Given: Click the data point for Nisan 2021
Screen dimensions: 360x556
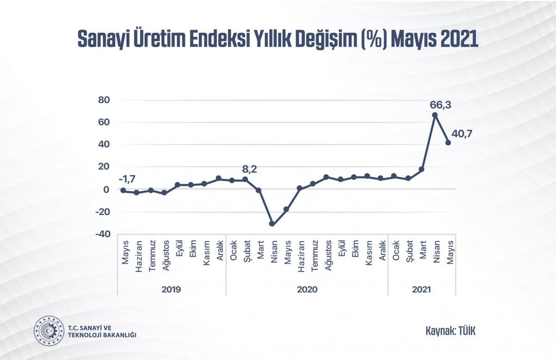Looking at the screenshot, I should pyautogui.click(x=435, y=115).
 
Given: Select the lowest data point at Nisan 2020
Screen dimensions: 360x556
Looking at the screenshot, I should pyautogui.click(x=272, y=224).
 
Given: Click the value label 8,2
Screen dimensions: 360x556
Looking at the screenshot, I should pyautogui.click(x=249, y=169).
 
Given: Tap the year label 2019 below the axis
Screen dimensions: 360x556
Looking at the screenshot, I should pyautogui.click(x=171, y=290).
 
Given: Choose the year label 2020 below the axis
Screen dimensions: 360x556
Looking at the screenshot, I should pyautogui.click(x=307, y=290).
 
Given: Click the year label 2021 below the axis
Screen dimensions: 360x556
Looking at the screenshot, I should pyautogui.click(x=421, y=290).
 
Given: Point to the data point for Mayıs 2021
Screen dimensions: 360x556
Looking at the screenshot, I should pyautogui.click(x=448, y=143).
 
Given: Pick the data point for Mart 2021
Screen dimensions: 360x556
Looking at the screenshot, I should pyautogui.click(x=422, y=170).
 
